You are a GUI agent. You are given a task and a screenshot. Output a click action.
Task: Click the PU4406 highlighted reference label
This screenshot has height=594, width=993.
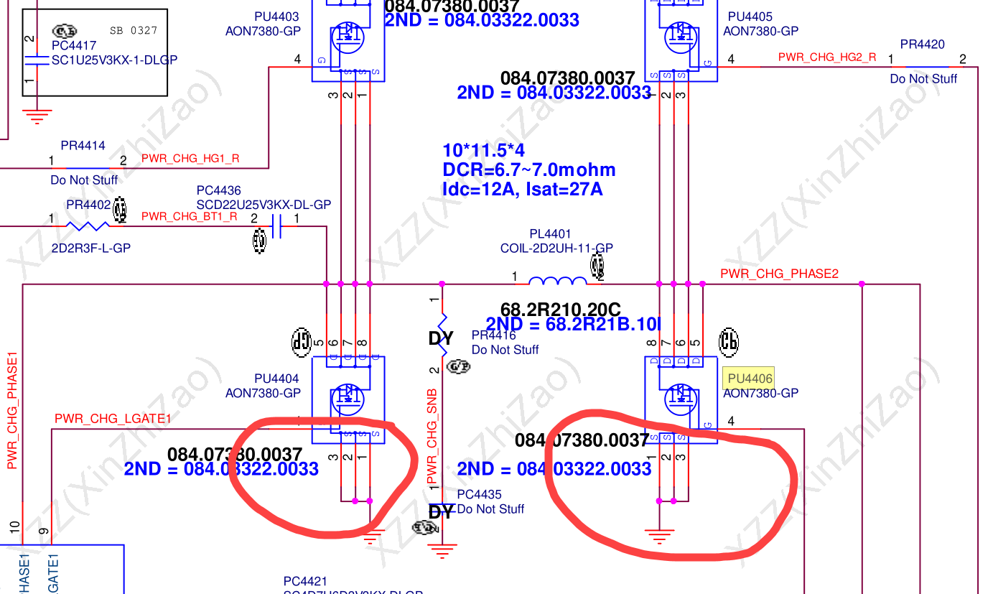750,378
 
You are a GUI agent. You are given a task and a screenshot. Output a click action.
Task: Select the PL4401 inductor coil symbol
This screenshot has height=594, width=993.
557,280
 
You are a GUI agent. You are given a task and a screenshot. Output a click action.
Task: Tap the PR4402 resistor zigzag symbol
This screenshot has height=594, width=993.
88,226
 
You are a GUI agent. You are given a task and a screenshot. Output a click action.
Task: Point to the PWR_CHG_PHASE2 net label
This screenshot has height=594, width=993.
779,274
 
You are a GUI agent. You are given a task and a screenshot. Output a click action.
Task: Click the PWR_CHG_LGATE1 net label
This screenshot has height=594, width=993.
113,419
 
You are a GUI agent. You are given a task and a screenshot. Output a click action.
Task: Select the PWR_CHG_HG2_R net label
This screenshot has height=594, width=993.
827,57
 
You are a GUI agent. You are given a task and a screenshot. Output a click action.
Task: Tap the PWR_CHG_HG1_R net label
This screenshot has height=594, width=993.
190,158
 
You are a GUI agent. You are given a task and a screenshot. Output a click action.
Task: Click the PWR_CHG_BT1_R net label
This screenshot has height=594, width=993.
190,215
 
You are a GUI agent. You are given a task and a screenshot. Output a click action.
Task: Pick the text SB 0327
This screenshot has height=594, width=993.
133,31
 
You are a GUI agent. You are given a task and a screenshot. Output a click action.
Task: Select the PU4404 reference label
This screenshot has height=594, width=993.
276,379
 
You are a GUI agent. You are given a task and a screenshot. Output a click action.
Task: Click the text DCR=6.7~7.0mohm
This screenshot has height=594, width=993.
529,170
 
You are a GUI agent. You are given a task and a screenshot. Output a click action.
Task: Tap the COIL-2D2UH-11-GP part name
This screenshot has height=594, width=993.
556,249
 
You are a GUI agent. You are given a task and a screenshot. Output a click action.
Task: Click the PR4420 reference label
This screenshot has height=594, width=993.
922,45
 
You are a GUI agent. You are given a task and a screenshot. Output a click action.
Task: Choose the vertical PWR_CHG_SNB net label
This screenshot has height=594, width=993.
432,437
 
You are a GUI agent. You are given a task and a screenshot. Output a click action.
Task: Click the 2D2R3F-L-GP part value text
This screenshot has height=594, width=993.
90,249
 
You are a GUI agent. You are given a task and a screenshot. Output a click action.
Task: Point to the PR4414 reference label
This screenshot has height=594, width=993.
83,146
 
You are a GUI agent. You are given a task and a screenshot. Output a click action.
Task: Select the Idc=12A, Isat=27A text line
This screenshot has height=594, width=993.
523,190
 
